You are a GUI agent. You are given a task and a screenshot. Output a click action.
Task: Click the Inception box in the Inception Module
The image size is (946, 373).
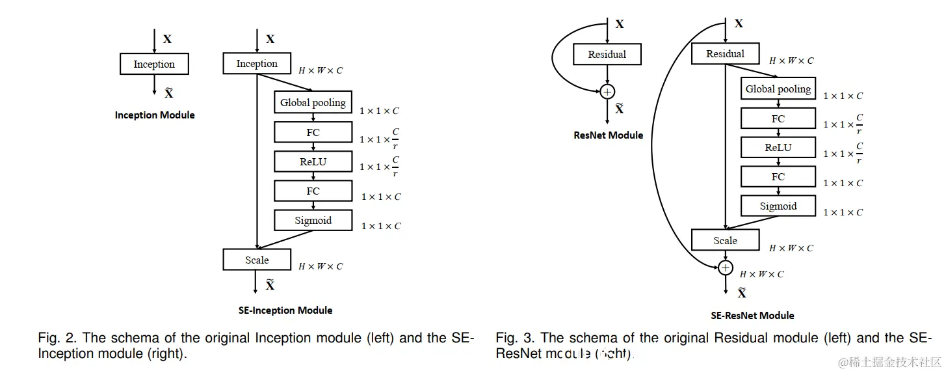[x=154, y=64]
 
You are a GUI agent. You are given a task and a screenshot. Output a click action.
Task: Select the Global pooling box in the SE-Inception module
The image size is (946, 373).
[x=313, y=102]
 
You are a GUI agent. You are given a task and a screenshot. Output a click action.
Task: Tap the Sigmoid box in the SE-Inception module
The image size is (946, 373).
[x=313, y=220]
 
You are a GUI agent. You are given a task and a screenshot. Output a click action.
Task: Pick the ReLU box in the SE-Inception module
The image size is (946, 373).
[x=313, y=161]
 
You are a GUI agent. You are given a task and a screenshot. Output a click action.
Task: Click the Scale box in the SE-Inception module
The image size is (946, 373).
[x=257, y=260]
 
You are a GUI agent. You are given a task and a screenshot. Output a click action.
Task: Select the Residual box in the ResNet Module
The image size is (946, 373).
[x=607, y=55]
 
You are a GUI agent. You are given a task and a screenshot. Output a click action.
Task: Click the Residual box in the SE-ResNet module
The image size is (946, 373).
[x=725, y=54]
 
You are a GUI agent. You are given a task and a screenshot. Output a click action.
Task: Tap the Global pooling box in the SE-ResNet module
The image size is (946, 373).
[x=778, y=89]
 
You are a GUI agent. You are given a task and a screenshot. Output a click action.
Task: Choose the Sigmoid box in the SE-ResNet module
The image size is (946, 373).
[x=778, y=206]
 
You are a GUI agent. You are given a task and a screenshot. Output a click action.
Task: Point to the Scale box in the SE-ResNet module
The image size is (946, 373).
[x=725, y=240]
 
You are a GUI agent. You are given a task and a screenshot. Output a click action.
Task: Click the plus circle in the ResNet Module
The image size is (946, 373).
[x=607, y=91]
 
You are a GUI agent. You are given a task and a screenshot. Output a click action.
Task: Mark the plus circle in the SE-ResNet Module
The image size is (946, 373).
[x=725, y=268]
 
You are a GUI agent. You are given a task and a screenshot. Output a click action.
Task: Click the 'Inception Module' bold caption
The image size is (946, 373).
[x=155, y=115]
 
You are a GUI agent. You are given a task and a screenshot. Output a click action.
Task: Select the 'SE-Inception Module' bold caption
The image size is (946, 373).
[x=285, y=311]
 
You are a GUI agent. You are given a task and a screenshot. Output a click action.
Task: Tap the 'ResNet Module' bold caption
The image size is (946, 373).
[x=608, y=135]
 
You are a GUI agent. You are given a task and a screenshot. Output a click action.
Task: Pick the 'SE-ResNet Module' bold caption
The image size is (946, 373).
[x=752, y=316]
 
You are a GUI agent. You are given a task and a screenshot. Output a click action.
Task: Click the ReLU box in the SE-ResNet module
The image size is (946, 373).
[x=778, y=148]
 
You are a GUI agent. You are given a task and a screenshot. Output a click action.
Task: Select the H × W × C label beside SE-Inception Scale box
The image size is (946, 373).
[x=321, y=266]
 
